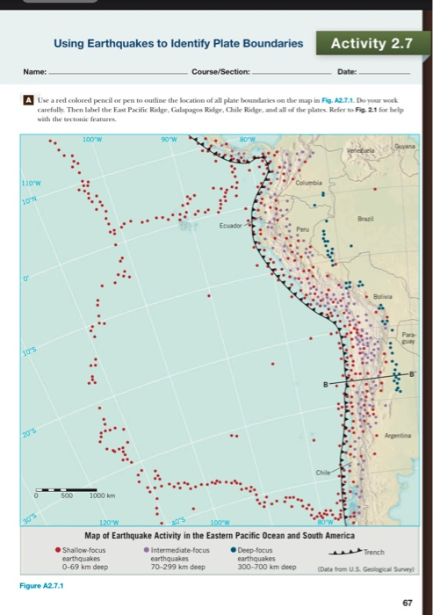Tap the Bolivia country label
tap(393, 298)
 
